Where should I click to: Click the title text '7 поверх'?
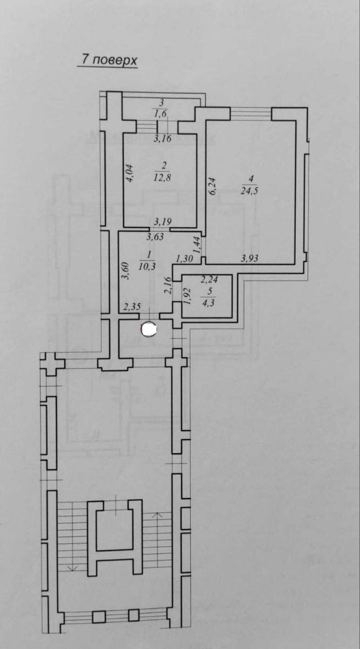[109, 60]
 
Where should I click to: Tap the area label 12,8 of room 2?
[162, 177]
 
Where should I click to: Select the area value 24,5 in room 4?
[249, 190]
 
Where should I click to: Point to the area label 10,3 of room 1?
[147, 266]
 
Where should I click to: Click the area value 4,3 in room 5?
[209, 303]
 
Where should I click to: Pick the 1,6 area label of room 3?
[161, 114]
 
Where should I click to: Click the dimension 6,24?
[212, 187]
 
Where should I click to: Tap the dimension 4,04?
[129, 173]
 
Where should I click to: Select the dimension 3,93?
[250, 258]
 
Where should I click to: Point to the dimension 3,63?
[155, 237]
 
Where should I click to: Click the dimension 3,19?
[163, 222]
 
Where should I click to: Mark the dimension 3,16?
[163, 138]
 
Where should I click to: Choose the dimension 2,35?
[132, 307]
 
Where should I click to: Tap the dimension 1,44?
[197, 246]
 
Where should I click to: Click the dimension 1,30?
[184, 259]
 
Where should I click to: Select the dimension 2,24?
[209, 280]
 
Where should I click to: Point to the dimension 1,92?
[187, 296]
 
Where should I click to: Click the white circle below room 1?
[149, 329]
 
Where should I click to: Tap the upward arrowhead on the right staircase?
[157, 515]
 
